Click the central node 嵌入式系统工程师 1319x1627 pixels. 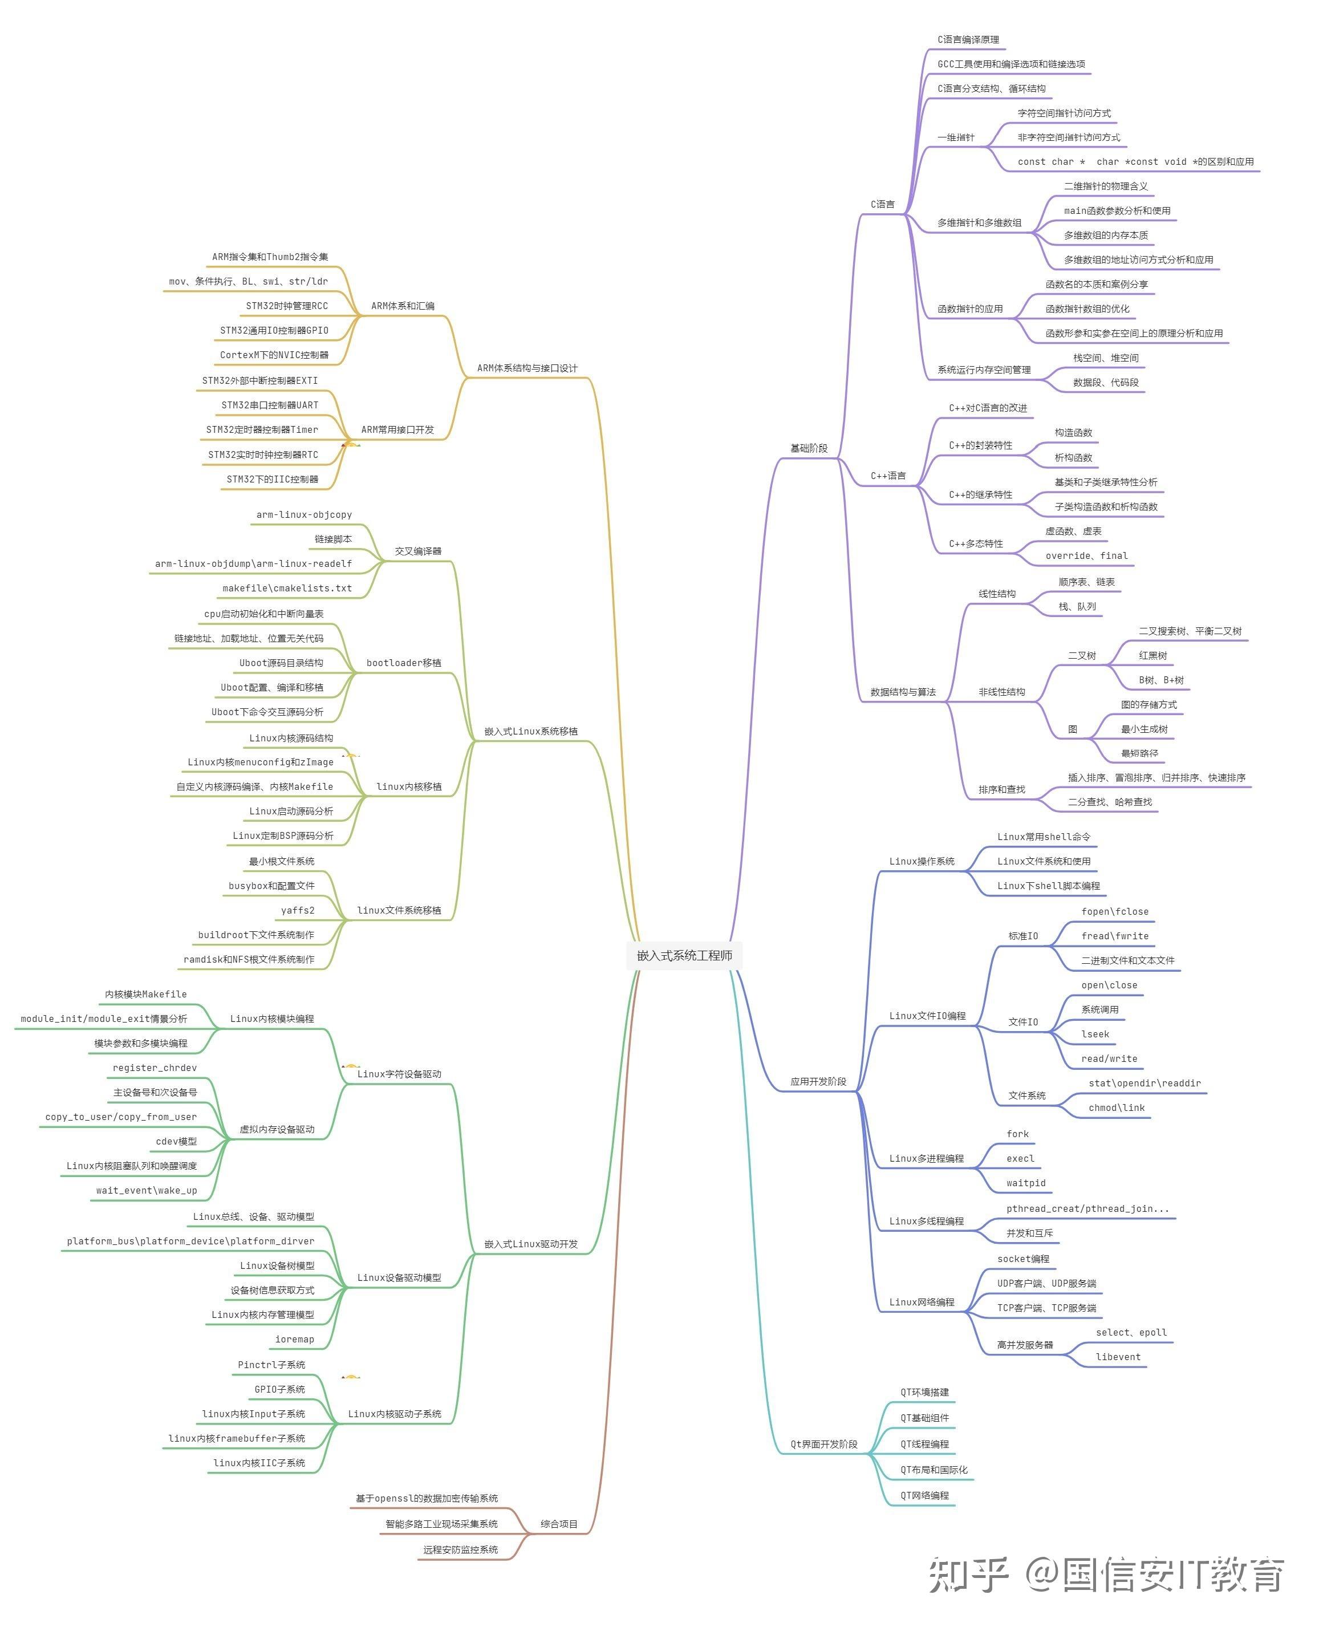pos(684,955)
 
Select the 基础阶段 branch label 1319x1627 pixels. pos(809,448)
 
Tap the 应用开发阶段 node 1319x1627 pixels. pos(818,1081)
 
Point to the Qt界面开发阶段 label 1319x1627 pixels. pos(823,1444)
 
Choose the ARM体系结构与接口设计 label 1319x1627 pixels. pos(526,368)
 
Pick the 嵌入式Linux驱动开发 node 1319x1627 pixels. pos(530,1244)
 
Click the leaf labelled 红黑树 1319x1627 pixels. pos(1152,655)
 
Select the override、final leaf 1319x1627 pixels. pos(1086,555)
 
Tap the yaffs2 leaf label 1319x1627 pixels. pos(297,910)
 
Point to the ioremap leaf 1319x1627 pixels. pos(294,1339)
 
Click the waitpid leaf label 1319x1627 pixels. pos(1026,1183)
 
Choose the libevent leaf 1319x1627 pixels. pos(1118,1357)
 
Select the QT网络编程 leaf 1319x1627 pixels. pos(924,1495)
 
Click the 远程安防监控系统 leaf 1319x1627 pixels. pos(460,1549)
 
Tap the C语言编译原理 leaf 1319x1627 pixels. pos(968,39)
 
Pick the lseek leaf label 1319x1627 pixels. pos(1095,1034)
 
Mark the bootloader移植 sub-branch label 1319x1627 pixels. pos(403,663)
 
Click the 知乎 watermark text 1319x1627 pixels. pos(968,1575)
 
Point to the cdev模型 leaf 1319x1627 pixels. pos(176,1141)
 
